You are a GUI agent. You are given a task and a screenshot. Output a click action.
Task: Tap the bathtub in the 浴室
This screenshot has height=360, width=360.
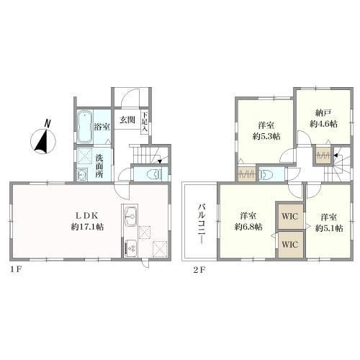[85, 127]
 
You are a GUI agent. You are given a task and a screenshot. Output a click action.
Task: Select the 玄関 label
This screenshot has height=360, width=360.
[127, 120]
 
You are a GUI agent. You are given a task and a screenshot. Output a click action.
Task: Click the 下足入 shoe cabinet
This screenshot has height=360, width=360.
[145, 122]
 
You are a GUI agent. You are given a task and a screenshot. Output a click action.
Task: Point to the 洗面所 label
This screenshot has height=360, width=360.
[99, 166]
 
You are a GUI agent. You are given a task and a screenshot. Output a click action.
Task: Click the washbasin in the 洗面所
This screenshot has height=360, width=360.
[82, 174]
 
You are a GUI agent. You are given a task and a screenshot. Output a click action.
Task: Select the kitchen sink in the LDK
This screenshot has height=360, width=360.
[131, 217]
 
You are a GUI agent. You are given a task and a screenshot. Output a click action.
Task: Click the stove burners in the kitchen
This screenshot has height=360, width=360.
[130, 248]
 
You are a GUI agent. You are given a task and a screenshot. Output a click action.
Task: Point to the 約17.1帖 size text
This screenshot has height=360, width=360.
[87, 227]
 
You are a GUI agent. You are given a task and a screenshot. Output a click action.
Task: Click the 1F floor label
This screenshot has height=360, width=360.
[16, 269]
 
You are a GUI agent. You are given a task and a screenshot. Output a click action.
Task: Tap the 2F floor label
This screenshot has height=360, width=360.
[199, 270]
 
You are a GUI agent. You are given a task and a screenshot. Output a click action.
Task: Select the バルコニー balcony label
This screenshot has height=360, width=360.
[202, 225]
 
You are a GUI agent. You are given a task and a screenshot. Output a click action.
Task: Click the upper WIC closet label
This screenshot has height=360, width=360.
[290, 217]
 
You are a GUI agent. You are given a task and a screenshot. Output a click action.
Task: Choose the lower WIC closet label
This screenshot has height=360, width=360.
[290, 245]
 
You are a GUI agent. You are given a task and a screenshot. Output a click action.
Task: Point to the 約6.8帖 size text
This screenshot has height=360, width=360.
[248, 227]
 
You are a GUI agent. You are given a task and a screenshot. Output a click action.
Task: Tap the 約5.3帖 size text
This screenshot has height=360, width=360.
[266, 137]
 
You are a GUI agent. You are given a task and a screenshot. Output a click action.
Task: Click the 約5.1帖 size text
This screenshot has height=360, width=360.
[329, 228]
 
